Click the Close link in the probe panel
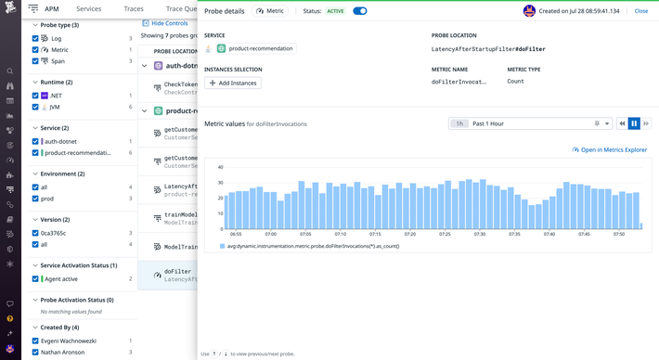point(640,11)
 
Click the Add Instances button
point(233,83)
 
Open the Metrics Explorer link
point(610,149)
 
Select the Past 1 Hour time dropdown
point(530,123)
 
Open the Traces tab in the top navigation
point(139,8)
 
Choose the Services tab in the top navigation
point(88,8)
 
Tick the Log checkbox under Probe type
point(35,39)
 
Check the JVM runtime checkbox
point(35,107)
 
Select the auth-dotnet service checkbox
point(35,141)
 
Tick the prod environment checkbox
point(35,198)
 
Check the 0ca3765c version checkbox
point(35,233)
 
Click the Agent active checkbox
point(35,278)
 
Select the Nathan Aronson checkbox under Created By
point(35,353)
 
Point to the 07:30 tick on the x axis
point(479,234)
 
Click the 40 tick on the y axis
point(219,167)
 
